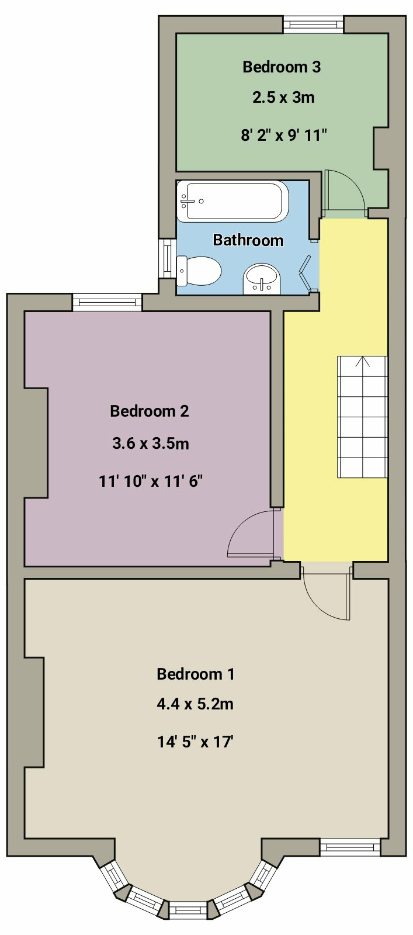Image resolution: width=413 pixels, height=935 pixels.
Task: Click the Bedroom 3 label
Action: pyautogui.click(x=282, y=67)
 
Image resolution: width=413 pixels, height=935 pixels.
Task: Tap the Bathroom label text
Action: pyautogui.click(x=248, y=240)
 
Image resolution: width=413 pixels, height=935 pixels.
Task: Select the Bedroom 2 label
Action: pyautogui.click(x=150, y=411)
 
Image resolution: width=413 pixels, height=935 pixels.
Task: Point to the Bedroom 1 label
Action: pyautogui.click(x=195, y=674)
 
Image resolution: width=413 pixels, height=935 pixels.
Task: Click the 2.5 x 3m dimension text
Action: pyautogui.click(x=283, y=98)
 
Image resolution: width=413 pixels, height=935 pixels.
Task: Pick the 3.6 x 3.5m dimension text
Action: pyautogui.click(x=151, y=444)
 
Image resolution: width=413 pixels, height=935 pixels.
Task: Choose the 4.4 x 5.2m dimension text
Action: pyautogui.click(x=195, y=704)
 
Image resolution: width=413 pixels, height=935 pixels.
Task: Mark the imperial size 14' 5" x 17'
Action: pyautogui.click(x=195, y=742)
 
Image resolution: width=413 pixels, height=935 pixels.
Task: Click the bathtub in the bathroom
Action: pyautogui.click(x=232, y=201)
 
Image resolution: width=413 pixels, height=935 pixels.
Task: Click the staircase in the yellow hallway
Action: pyautogui.click(x=362, y=418)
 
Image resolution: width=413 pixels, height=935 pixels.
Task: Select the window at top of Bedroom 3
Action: pyautogui.click(x=313, y=25)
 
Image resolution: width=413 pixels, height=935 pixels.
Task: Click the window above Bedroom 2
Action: pyautogui.click(x=107, y=302)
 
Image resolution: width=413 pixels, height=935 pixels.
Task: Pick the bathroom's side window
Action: pyautogui.click(x=168, y=258)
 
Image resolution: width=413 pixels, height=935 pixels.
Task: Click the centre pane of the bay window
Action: pyautogui.click(x=188, y=910)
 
